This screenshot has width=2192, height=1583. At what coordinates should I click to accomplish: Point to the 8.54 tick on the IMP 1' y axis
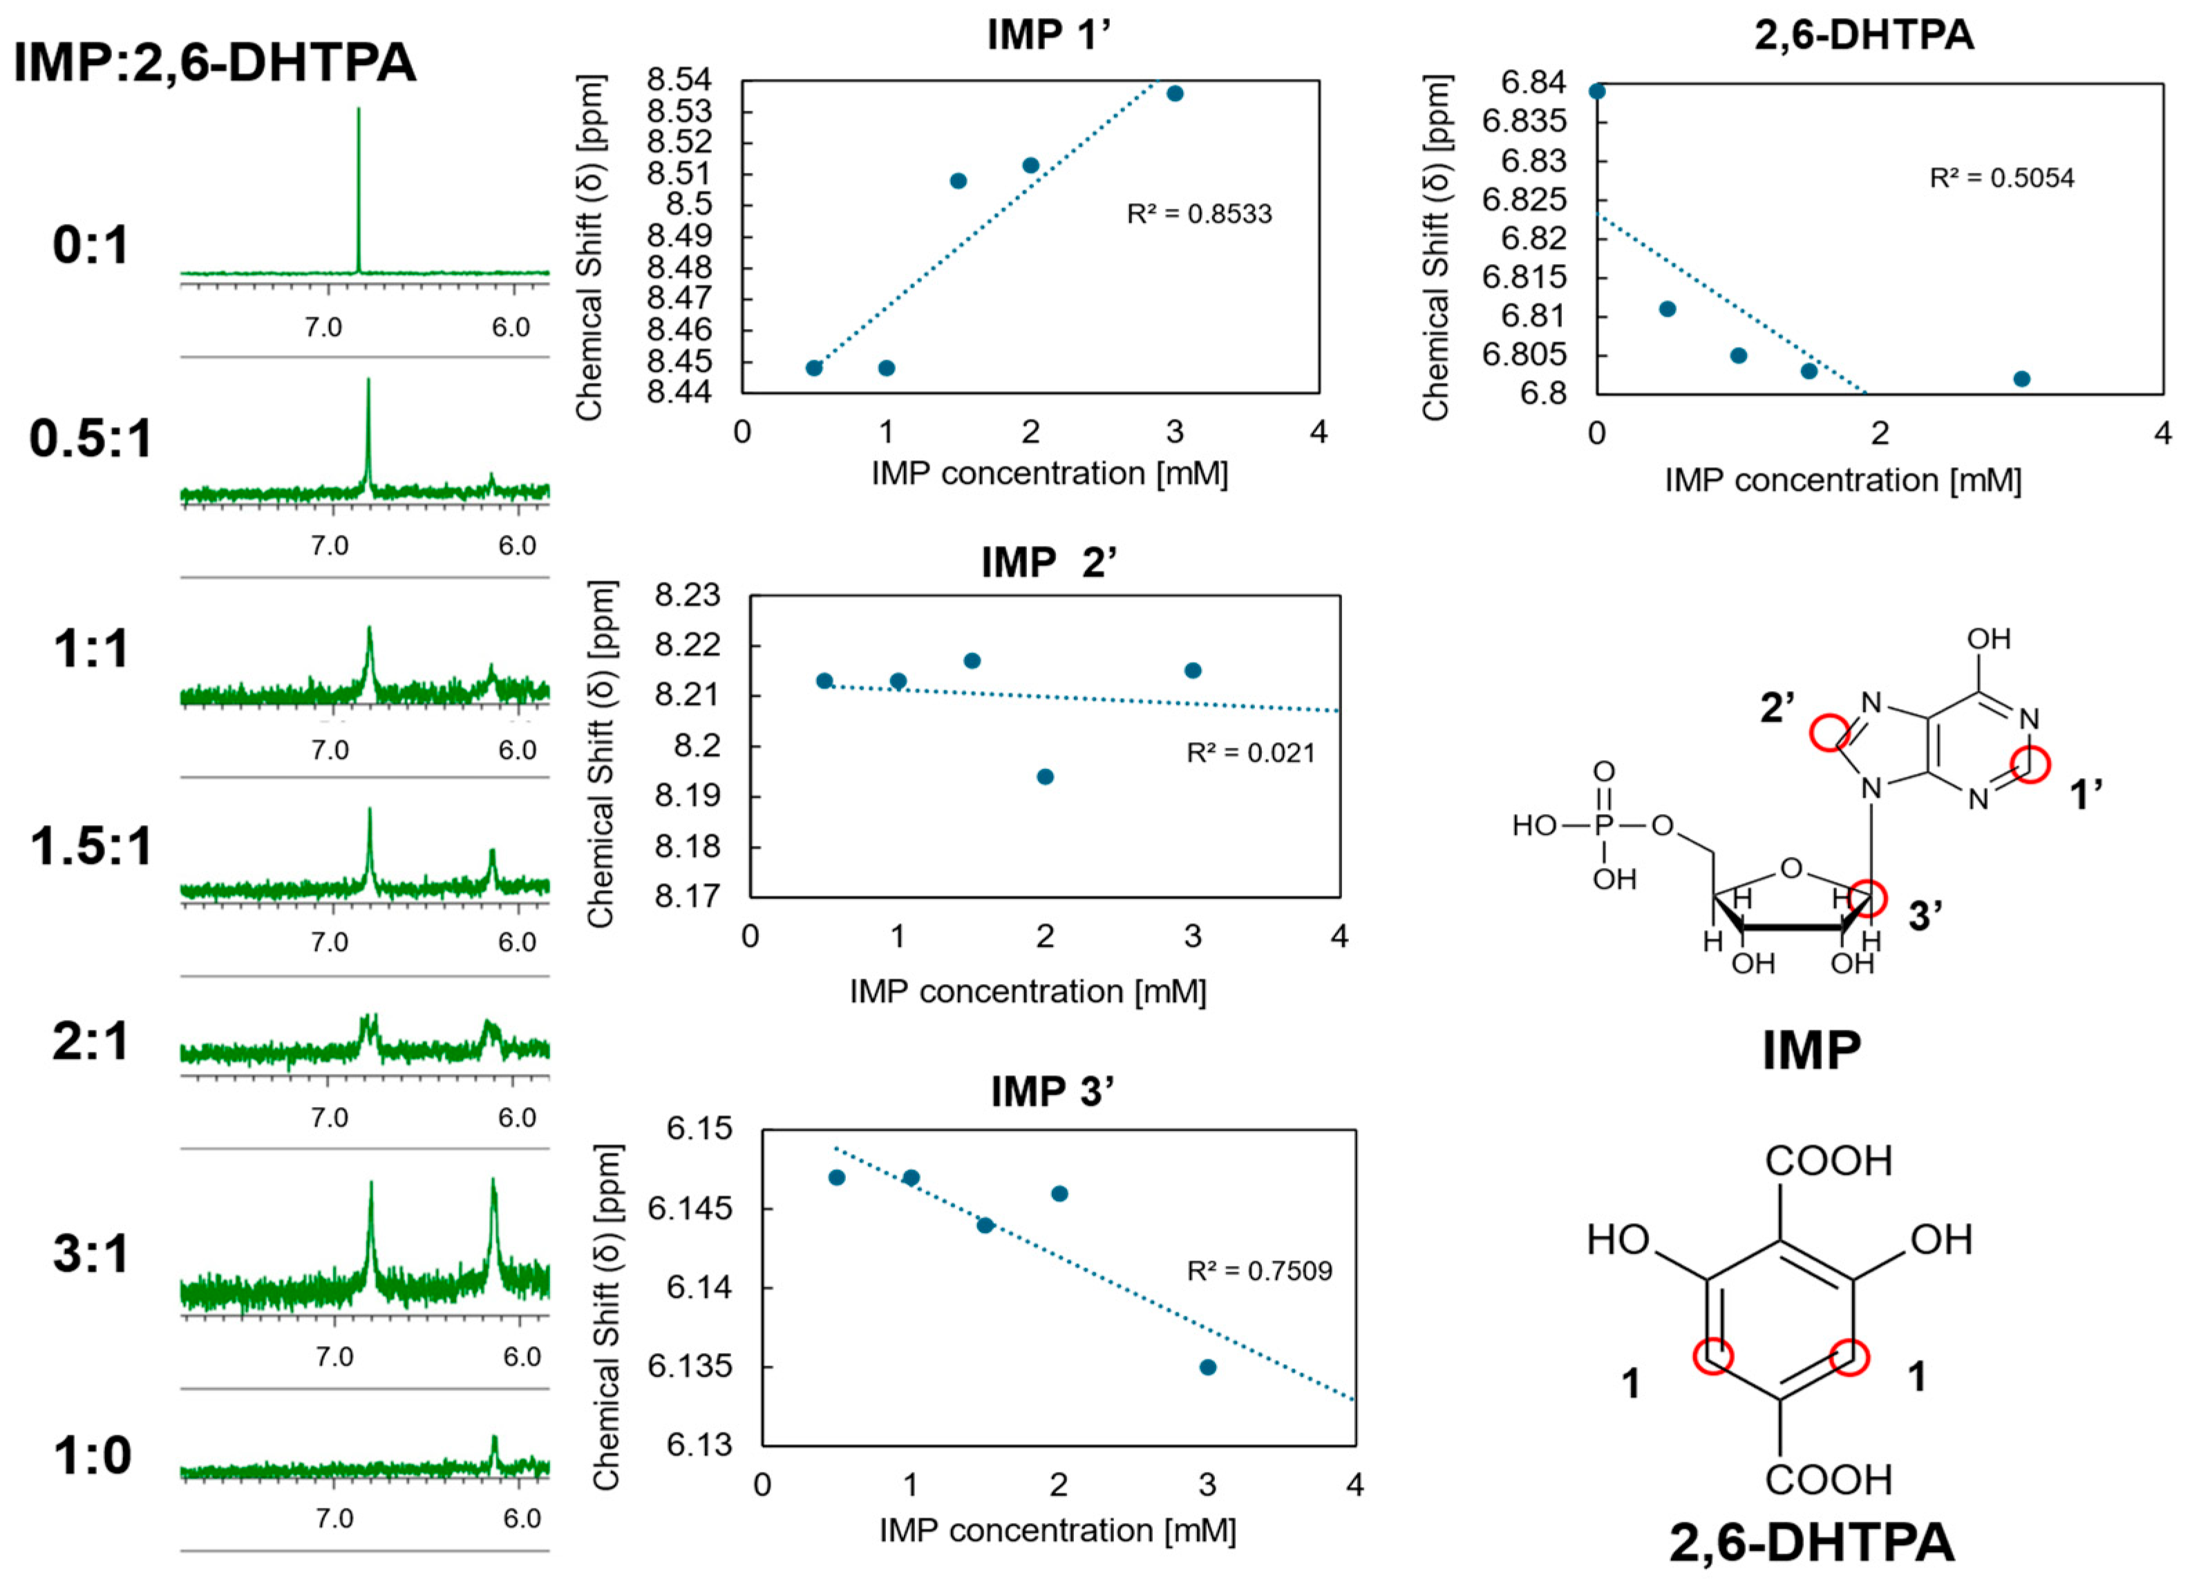pyautogui.click(x=679, y=80)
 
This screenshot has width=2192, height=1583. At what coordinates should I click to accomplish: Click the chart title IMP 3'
pyautogui.click(x=1052, y=1092)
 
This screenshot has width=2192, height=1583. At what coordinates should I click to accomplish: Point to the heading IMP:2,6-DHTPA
pyautogui.click(x=214, y=64)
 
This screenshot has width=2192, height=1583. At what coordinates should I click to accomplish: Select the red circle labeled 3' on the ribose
pyautogui.click(x=1869, y=898)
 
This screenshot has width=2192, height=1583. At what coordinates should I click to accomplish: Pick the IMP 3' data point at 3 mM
pyautogui.click(x=1207, y=1367)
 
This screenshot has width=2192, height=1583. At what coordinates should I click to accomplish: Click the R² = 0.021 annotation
pyautogui.click(x=1251, y=753)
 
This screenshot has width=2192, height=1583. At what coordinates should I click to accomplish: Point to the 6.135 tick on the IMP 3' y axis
pyautogui.click(x=689, y=1367)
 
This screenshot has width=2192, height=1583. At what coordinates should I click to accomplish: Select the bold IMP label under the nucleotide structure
pyautogui.click(x=1811, y=1050)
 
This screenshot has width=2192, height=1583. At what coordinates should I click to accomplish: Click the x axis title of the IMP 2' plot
pyautogui.click(x=1028, y=992)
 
